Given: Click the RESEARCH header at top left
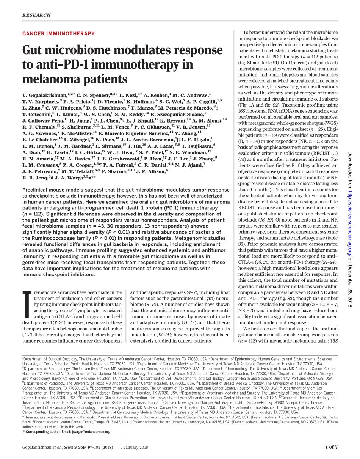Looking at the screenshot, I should click(x=36, y=15).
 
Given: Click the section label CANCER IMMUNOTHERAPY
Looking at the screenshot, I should click(x=58, y=34).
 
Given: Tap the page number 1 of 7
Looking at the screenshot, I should click(x=331, y=447).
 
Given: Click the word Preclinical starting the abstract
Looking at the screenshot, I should click(x=36, y=190).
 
